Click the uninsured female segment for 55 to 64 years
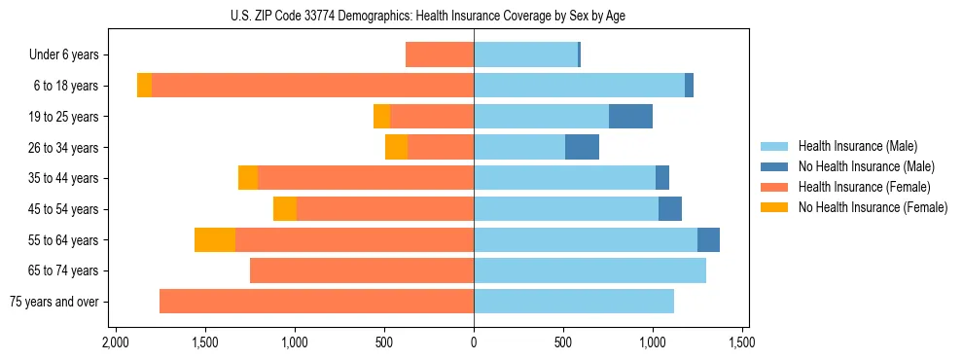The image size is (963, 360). click(x=215, y=240)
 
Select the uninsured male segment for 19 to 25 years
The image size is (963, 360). click(x=630, y=117)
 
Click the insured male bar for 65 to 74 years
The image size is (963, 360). click(x=589, y=270)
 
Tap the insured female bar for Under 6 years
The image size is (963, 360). click(x=440, y=55)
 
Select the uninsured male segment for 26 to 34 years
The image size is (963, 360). click(x=582, y=148)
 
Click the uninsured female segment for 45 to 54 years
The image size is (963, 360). click(x=284, y=209)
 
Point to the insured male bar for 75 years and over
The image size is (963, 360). click(x=574, y=302)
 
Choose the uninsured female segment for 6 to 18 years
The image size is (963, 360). click(x=144, y=86)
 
